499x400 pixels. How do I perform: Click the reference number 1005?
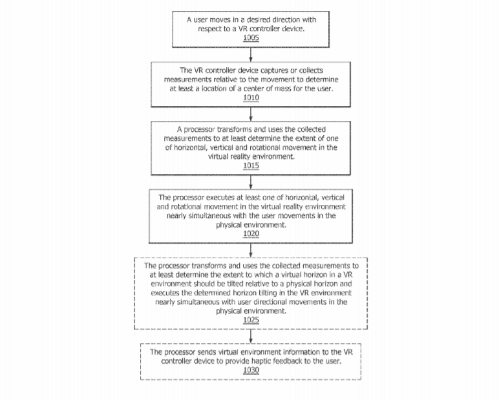click(251, 37)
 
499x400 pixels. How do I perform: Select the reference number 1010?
click(251, 98)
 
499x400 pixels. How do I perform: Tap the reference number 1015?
click(251, 165)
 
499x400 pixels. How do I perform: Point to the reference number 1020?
click(251, 233)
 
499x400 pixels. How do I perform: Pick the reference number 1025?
click(251, 320)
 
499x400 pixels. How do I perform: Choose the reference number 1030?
click(251, 370)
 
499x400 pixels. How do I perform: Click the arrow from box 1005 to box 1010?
click(251, 55)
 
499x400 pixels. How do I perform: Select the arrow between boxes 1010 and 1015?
click(251, 114)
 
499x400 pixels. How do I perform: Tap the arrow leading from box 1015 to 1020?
click(251, 182)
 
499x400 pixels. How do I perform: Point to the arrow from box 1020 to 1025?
click(251, 251)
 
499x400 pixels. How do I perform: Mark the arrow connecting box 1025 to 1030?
click(251, 337)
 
